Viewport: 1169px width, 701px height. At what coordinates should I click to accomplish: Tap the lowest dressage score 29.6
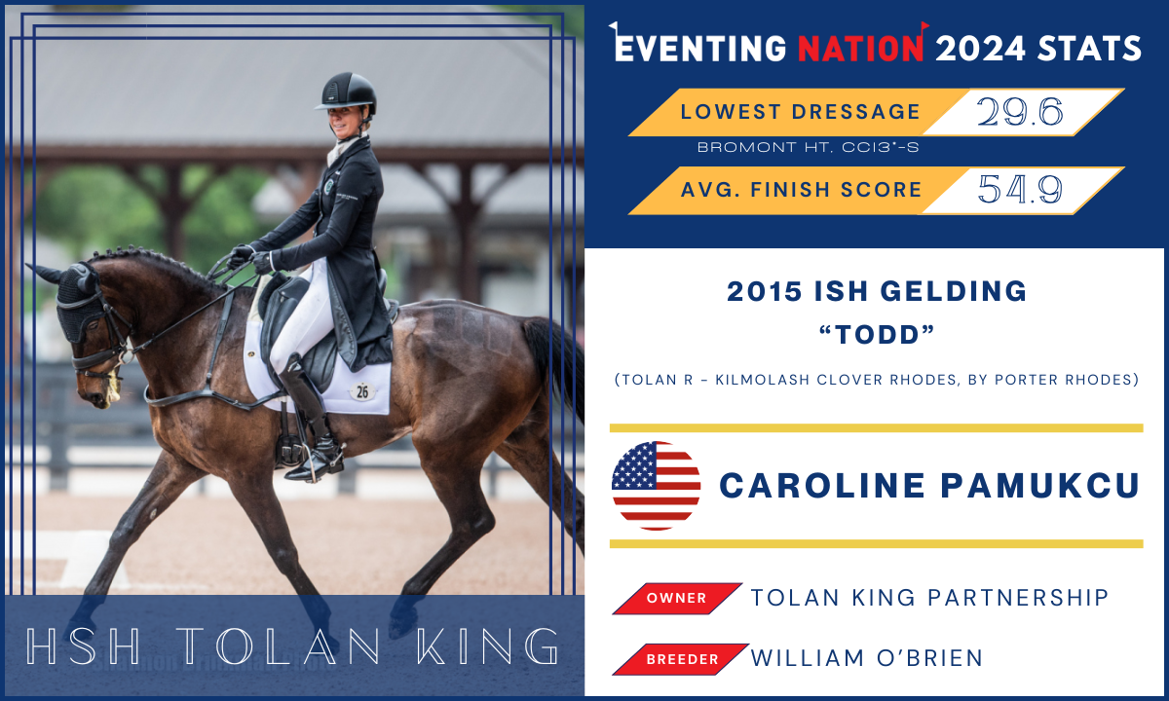(x=1020, y=113)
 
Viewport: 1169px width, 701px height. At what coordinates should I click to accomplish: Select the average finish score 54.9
(x=1020, y=191)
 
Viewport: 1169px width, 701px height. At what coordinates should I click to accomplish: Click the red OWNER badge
(x=676, y=598)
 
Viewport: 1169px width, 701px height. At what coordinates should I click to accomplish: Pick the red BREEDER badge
(x=681, y=659)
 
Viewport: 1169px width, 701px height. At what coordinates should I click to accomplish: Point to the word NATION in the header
(x=860, y=47)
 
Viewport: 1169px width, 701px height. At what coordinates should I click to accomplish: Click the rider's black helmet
(x=348, y=93)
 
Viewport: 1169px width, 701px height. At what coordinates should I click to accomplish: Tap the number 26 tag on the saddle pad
(x=361, y=391)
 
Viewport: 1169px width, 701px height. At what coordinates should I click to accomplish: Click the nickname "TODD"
(x=876, y=334)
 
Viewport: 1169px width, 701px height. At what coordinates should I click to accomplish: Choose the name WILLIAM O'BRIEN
(x=867, y=658)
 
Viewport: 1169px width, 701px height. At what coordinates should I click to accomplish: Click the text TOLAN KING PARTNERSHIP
(x=929, y=598)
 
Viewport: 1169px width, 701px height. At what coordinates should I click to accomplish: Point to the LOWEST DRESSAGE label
(x=800, y=112)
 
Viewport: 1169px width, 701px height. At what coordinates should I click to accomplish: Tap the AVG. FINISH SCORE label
(x=801, y=190)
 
